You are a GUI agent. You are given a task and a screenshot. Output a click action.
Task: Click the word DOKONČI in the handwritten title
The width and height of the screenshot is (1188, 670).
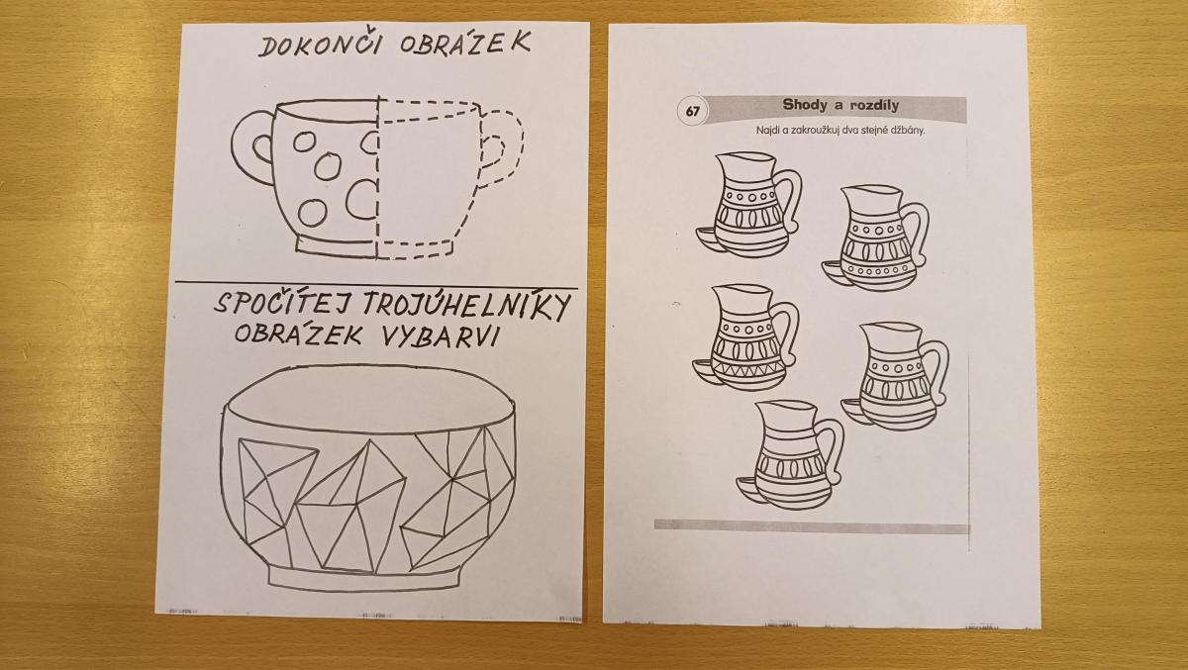tap(319, 45)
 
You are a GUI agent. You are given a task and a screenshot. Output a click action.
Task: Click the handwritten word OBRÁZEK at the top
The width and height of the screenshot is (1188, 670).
tap(465, 43)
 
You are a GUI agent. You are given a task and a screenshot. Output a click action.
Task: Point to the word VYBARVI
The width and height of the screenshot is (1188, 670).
tap(440, 335)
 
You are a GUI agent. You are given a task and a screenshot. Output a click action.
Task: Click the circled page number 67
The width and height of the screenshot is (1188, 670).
tap(692, 112)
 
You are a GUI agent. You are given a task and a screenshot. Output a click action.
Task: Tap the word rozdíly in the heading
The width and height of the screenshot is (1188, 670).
tap(874, 105)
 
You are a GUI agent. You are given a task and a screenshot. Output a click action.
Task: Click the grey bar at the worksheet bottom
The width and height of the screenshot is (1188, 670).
tap(812, 526)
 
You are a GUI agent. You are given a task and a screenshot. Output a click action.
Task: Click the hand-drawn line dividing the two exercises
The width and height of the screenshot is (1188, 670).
tap(376, 285)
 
